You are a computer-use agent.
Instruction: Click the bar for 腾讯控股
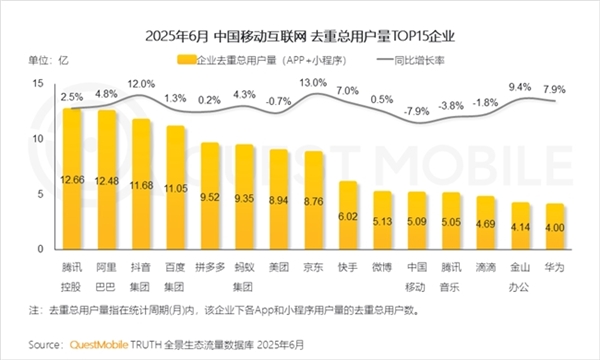pyautogui.click(x=71, y=180)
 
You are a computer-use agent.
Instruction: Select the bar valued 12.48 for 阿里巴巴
pyautogui.click(x=106, y=180)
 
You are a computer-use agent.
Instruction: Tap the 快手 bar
pyautogui.click(x=348, y=215)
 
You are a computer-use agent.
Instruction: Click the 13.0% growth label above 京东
pyautogui.click(x=313, y=82)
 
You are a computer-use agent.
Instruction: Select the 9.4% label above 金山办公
pyautogui.click(x=520, y=88)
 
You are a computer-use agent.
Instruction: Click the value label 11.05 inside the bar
pyautogui.click(x=176, y=187)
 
